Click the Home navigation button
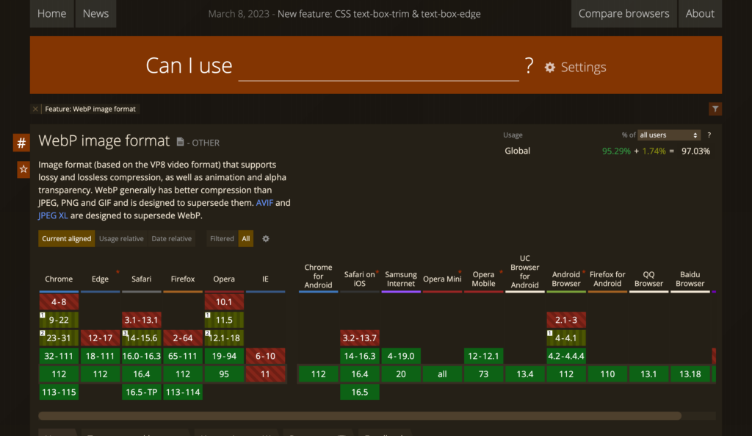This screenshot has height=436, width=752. [x=51, y=13]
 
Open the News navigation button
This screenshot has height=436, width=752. [x=95, y=13]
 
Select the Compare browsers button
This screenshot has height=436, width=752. [x=623, y=13]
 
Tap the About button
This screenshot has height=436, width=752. [x=700, y=13]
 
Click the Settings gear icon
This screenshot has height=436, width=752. [x=550, y=68]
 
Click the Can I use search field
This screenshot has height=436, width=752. [x=378, y=67]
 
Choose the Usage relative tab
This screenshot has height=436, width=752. [x=121, y=238]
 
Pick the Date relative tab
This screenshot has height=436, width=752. [x=171, y=238]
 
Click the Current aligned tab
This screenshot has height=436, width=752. [x=67, y=238]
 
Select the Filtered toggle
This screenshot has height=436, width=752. [x=222, y=238]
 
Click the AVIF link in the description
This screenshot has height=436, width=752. [x=264, y=202]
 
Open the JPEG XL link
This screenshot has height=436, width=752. [x=53, y=215]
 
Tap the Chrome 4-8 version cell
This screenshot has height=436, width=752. [x=59, y=301]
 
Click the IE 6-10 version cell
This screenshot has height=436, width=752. [x=265, y=356]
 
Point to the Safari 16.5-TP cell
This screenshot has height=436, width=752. [x=142, y=392]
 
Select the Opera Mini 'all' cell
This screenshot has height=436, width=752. [x=442, y=374]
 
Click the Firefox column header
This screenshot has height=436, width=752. [x=183, y=279]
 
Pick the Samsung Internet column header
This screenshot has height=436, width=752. [x=401, y=279]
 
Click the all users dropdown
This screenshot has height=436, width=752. [x=669, y=135]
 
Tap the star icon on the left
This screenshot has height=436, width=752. [x=23, y=170]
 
